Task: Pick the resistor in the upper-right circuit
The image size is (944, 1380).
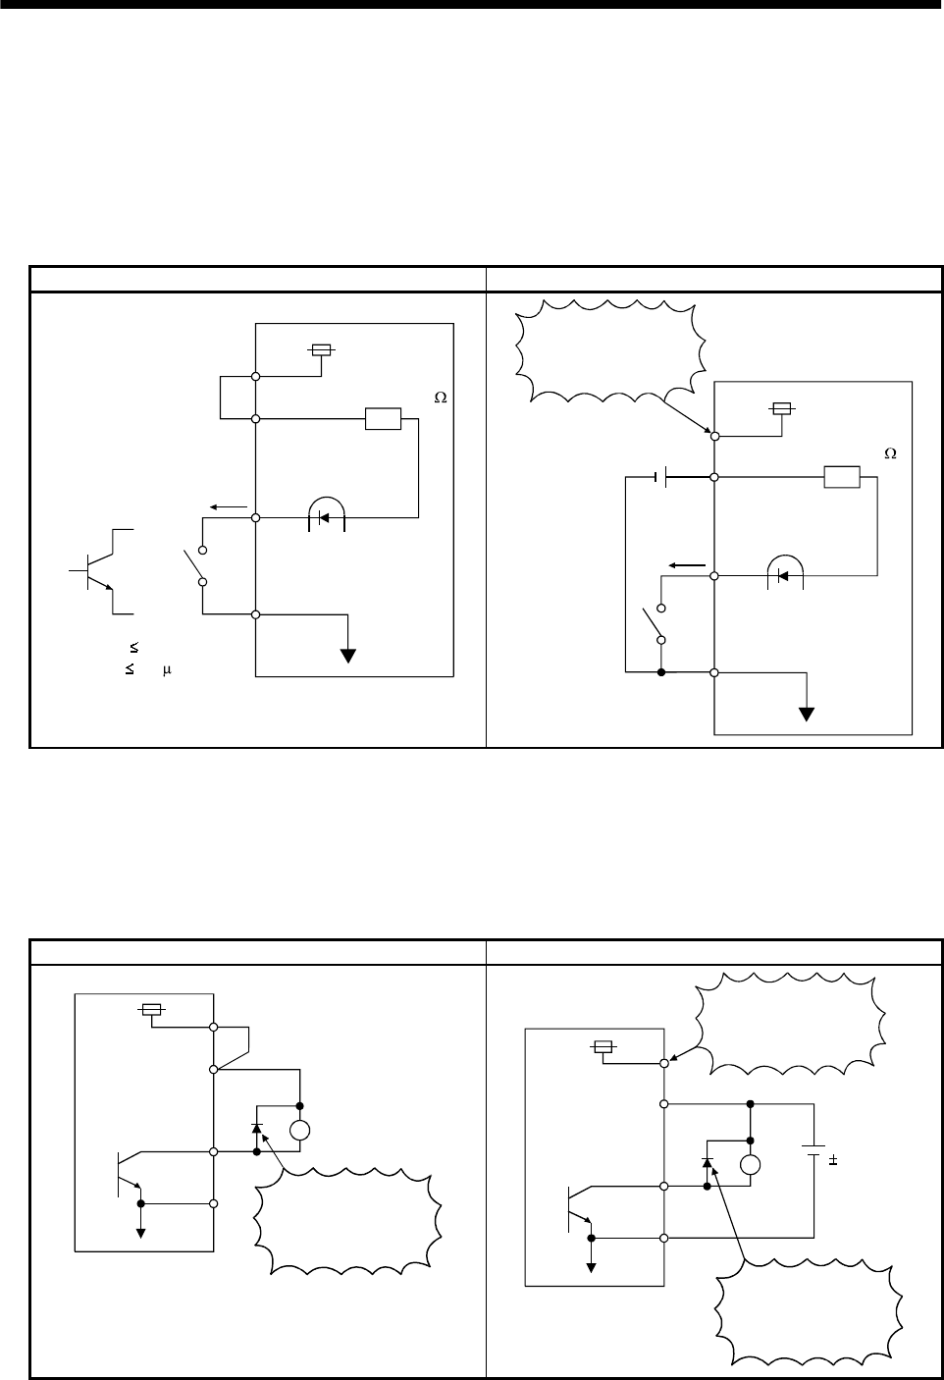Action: [x=842, y=478]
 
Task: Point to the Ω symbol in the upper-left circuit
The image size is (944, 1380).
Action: [x=440, y=398]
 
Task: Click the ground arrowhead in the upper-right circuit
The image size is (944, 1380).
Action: [x=807, y=714]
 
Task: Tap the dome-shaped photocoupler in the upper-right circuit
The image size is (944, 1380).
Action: [x=784, y=572]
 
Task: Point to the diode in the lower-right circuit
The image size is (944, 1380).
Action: [x=707, y=1165]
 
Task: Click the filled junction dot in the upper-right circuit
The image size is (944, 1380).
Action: [x=661, y=673]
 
